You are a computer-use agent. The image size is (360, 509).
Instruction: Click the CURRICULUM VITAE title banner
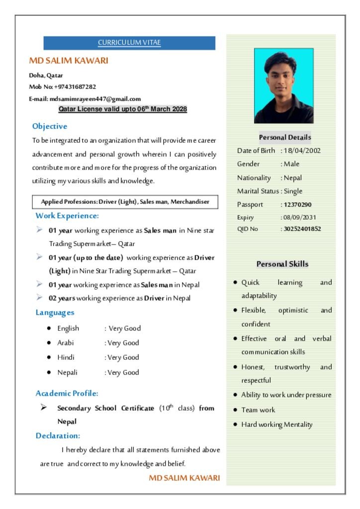129,43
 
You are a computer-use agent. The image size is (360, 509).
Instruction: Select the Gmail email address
95,99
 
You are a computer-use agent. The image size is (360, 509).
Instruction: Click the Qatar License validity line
122,109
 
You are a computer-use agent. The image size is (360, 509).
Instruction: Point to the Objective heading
50,126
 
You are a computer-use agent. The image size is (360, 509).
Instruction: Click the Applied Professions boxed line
125,202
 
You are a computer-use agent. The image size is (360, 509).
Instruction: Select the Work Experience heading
67,216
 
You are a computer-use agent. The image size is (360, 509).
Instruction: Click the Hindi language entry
66,357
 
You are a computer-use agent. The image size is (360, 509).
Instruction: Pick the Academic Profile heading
67,393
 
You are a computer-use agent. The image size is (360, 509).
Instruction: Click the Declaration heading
58,436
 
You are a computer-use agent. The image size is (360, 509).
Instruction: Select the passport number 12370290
297,205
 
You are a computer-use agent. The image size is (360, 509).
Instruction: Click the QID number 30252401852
302,229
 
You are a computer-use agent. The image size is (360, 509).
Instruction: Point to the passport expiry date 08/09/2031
300,217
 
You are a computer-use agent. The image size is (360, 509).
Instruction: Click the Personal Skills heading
282,264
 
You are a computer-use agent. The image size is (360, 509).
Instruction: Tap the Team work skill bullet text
258,410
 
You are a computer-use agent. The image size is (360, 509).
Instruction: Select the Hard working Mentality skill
277,424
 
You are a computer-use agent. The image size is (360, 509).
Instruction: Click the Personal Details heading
285,137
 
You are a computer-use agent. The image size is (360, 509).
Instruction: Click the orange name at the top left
69,61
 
